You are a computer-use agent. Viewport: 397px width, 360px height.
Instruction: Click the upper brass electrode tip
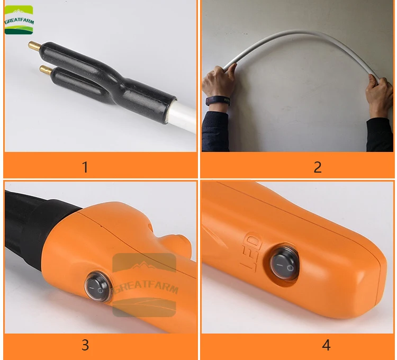(35, 46)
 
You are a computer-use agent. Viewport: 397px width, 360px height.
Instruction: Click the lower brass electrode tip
(46, 69)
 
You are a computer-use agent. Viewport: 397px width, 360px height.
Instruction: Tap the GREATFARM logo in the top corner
(19, 20)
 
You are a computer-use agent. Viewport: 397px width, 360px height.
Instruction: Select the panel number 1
(85, 167)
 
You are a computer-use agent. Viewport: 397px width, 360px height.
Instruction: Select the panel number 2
(318, 167)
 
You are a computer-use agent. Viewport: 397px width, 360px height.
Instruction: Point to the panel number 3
(85, 345)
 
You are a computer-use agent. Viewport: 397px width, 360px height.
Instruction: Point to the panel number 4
(326, 345)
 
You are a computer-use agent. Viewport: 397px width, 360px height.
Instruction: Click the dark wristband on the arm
(218, 101)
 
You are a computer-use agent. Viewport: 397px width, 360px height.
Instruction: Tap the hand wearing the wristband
(219, 80)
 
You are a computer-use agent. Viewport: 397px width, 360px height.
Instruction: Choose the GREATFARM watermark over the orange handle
(145, 285)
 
